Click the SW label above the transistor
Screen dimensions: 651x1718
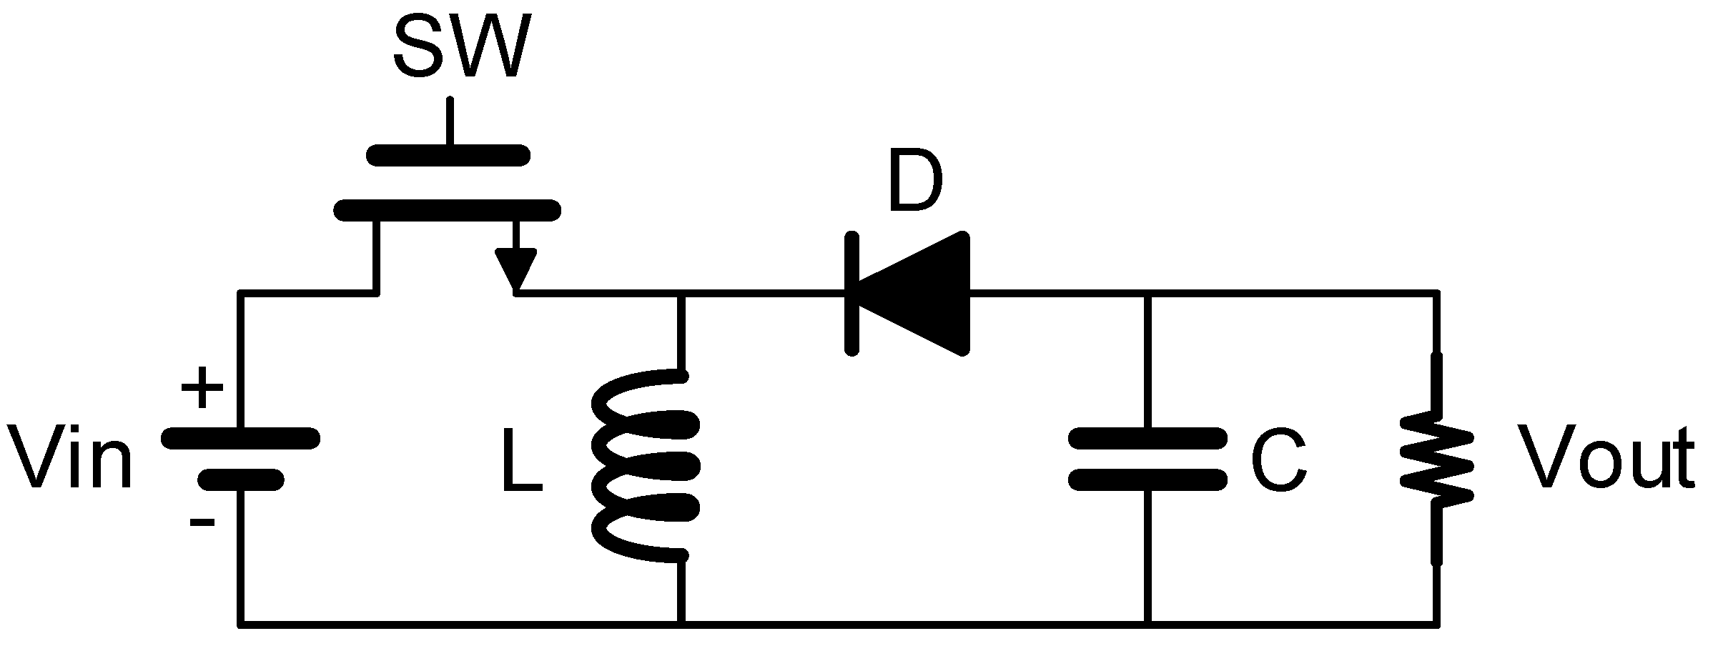(x=461, y=48)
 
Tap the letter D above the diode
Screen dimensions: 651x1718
(x=915, y=184)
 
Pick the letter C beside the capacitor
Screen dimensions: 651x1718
(x=1279, y=461)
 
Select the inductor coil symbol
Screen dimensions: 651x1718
(x=643, y=464)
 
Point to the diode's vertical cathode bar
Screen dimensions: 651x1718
(x=851, y=293)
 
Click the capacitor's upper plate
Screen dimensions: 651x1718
(x=1147, y=437)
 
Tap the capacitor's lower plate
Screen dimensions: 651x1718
(x=1147, y=479)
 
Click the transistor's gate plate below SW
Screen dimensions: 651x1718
(x=449, y=155)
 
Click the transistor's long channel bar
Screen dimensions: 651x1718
(x=448, y=210)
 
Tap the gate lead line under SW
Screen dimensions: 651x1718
(x=450, y=121)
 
